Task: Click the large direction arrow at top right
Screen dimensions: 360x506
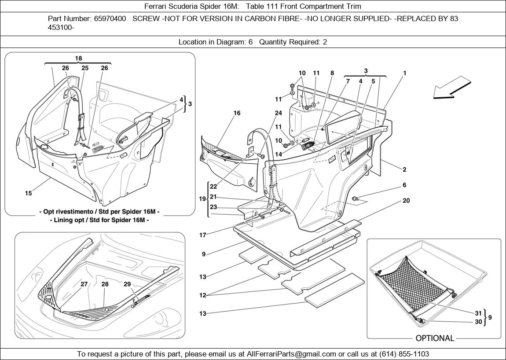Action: (x=451, y=88)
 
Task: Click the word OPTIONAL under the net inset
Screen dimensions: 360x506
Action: (x=434, y=338)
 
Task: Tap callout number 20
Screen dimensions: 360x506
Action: (x=406, y=201)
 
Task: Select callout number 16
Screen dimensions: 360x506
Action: (x=237, y=113)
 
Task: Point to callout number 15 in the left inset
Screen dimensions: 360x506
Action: (x=28, y=193)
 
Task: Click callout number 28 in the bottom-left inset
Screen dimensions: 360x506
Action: (x=105, y=284)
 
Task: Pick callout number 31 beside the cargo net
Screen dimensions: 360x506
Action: (x=478, y=313)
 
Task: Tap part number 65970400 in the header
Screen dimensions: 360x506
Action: (x=110, y=19)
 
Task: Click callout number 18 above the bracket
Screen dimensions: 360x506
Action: (x=78, y=59)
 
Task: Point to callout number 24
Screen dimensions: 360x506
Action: (x=278, y=113)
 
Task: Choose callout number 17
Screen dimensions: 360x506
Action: (x=202, y=235)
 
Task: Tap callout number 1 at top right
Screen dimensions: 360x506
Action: (x=404, y=73)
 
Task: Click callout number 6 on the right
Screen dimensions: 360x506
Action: (x=404, y=185)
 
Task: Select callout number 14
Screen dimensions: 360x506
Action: (x=278, y=154)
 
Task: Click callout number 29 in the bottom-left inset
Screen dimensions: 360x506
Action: (x=127, y=284)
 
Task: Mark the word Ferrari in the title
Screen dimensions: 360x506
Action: (x=156, y=6)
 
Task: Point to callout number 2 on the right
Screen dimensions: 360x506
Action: (x=404, y=169)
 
